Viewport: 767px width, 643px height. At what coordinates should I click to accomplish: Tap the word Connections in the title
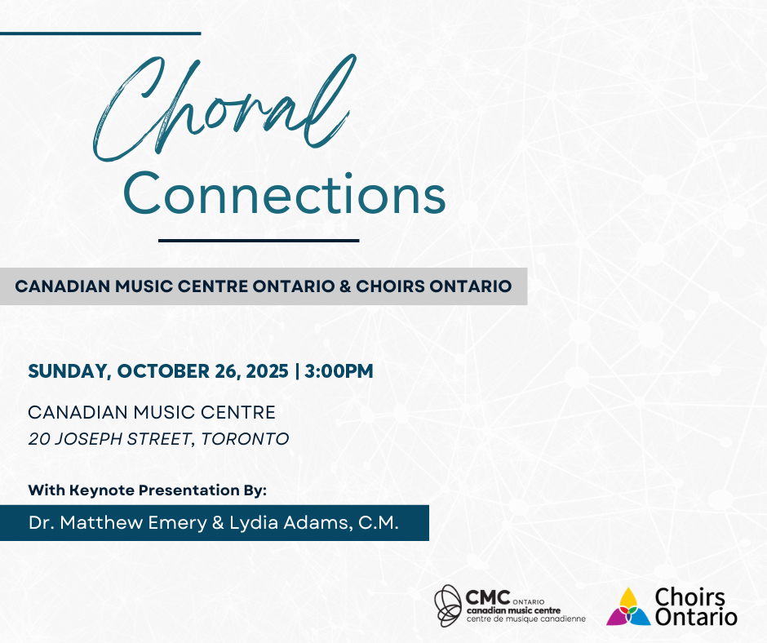284,193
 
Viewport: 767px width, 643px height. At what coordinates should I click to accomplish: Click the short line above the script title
100,33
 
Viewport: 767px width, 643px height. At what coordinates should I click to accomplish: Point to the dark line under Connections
259,240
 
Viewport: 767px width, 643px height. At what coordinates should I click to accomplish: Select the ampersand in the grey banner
345,286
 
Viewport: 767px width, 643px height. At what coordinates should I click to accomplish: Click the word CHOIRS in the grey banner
390,286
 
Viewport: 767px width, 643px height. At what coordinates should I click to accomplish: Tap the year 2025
267,371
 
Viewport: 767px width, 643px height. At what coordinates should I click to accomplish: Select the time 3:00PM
339,371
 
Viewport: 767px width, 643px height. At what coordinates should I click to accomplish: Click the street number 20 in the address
39,439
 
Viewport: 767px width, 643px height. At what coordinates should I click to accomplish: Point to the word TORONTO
245,439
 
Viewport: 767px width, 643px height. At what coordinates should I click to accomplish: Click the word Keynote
102,490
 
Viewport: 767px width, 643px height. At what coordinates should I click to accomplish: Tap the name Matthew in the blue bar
101,522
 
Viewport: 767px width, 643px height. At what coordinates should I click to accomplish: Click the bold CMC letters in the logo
488,597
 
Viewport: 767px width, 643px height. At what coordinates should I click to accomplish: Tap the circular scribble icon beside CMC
448,605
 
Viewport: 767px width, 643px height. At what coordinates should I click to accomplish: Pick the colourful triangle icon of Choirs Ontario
628,607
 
